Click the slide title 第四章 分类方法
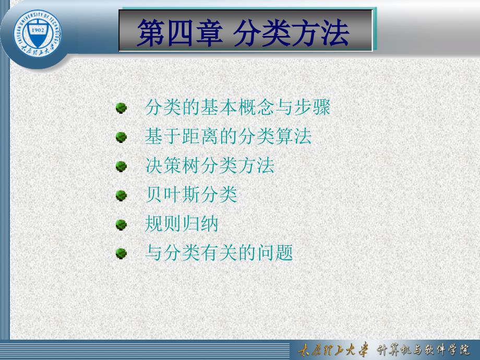click(243, 33)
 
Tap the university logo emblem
click(38, 33)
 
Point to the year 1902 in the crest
click(38, 30)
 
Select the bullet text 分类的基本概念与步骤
click(237, 107)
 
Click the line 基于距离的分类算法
click(229, 136)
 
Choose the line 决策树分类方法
click(210, 165)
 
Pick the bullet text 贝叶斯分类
click(191, 195)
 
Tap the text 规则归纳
click(182, 223)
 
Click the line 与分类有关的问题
click(219, 253)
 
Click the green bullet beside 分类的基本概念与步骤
click(121, 108)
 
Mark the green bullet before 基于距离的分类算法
click(121, 137)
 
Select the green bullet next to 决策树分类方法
click(121, 166)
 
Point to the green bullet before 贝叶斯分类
click(121, 195)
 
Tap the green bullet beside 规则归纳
click(121, 224)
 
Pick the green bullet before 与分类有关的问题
click(121, 254)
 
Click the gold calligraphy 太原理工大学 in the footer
click(333, 350)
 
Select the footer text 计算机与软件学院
click(423, 350)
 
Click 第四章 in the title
click(179, 33)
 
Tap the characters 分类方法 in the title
click(292, 33)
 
